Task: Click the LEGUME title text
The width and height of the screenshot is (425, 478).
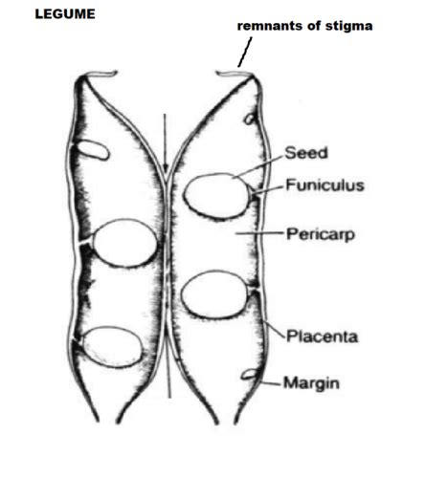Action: point(65,14)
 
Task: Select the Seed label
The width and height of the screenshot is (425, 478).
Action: point(306,153)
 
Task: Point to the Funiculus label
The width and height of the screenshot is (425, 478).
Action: point(324,185)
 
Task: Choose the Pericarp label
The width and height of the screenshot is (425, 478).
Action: point(321,234)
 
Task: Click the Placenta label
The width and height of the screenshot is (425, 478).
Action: point(322,337)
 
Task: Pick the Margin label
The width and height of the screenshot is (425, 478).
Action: point(311,383)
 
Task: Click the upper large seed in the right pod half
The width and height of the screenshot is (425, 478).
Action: point(215,196)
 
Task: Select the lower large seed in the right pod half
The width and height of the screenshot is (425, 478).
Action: point(215,294)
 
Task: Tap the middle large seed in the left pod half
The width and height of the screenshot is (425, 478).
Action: point(124,243)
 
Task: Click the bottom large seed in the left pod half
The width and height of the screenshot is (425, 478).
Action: point(111,347)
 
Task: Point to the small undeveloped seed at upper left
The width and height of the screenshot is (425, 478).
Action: point(94,150)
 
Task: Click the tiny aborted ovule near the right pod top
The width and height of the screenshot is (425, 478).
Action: point(249,119)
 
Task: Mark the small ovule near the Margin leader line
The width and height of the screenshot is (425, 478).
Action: point(249,375)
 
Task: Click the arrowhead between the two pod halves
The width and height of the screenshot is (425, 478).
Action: point(165,167)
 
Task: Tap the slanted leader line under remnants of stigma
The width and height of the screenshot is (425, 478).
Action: point(245,52)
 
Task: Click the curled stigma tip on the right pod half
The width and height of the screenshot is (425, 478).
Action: point(234,74)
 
